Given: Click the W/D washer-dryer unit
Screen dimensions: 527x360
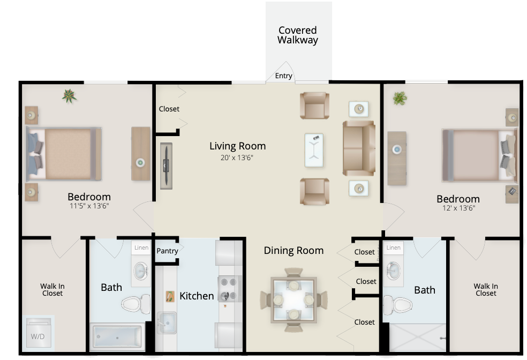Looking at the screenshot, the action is tap(38, 332).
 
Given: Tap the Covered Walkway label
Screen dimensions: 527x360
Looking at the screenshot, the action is tap(298, 35).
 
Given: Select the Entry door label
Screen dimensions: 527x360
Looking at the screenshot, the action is tap(284, 76).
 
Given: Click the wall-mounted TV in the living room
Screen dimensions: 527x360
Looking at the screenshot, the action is tap(166, 166).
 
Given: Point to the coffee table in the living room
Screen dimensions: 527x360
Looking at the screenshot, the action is tap(314, 150).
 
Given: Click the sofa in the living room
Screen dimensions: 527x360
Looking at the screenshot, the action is tap(359, 148).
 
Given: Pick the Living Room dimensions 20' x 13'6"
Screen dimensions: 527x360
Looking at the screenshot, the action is tap(237, 157).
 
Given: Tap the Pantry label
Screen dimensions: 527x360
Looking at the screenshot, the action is tap(168, 251).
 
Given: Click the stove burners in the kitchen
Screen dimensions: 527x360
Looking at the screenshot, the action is tap(230, 288).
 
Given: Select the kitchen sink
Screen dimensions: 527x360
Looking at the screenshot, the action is tap(167, 322).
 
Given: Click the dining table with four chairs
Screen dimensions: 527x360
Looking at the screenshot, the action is tap(293, 300).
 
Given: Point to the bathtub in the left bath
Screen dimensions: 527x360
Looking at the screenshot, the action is tap(117, 337).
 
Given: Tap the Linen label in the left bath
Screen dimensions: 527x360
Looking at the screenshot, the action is tap(141, 247).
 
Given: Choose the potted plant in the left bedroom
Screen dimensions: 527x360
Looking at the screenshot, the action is tap(69, 96).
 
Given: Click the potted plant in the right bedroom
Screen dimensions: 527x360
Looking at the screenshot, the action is tap(400, 98).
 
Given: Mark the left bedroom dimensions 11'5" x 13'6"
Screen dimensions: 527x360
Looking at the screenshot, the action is tap(89, 206).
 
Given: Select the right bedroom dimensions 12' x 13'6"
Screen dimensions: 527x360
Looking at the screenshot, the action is tap(458, 208).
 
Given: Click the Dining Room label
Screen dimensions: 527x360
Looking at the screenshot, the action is tap(293, 251).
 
